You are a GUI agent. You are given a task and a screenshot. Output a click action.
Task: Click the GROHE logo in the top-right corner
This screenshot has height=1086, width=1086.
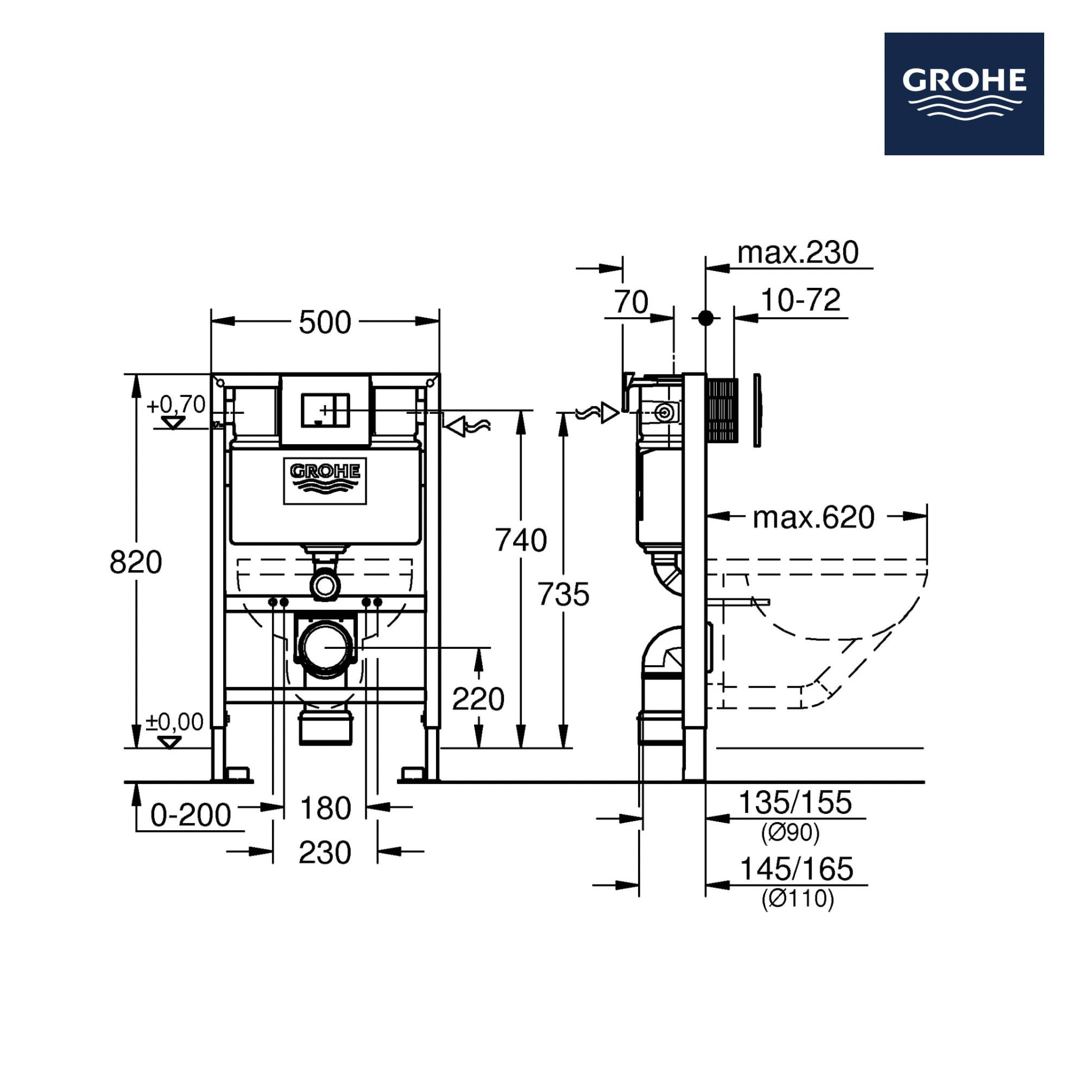pyautogui.click(x=964, y=94)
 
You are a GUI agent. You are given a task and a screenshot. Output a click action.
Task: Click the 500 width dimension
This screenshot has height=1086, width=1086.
pyautogui.click(x=325, y=323)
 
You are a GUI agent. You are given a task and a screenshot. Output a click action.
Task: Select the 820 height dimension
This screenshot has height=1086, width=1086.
pyautogui.click(x=136, y=562)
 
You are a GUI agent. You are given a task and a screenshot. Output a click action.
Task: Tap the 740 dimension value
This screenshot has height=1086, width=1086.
pyautogui.click(x=521, y=541)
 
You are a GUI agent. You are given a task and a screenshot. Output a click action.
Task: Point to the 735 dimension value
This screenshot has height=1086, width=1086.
pyautogui.click(x=563, y=595)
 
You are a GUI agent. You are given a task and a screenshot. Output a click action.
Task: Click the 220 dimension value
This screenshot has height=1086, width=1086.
pyautogui.click(x=478, y=700)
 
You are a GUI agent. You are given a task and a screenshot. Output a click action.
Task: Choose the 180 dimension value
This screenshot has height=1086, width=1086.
pyautogui.click(x=325, y=809)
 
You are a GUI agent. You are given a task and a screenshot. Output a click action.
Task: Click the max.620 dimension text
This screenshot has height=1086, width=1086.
pyautogui.click(x=813, y=517)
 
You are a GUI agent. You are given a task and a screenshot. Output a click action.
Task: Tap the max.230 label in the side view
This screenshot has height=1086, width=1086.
pyautogui.click(x=798, y=253)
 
